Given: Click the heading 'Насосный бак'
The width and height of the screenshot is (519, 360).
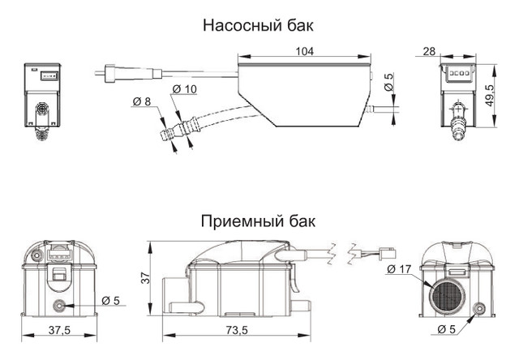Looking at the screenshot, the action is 258,25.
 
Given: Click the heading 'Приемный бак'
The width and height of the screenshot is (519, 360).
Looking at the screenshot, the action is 258,221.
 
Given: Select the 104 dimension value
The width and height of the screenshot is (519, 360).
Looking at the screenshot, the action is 305,51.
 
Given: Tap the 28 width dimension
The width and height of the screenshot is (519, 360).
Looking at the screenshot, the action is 429,51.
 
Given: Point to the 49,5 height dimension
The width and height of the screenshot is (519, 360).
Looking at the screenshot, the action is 490,96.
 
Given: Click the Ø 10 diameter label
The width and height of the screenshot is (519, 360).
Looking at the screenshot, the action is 185,89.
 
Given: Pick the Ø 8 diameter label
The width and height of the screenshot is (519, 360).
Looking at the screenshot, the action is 141,101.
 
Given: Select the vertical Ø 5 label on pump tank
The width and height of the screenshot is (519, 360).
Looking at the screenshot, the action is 388,82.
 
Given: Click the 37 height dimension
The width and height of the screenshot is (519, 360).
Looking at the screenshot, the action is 145,278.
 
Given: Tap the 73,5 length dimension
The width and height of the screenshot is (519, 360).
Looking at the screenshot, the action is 237,330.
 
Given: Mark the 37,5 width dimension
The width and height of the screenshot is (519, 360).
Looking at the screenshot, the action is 59,330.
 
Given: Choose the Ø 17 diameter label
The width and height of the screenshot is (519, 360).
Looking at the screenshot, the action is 398,269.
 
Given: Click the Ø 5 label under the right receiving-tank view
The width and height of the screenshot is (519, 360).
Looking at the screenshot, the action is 446,329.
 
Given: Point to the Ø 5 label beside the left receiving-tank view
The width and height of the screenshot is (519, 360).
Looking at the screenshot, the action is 110,301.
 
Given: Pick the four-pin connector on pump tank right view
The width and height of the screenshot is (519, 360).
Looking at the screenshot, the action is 458,73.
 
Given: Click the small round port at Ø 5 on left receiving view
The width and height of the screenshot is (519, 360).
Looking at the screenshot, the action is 59,306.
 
